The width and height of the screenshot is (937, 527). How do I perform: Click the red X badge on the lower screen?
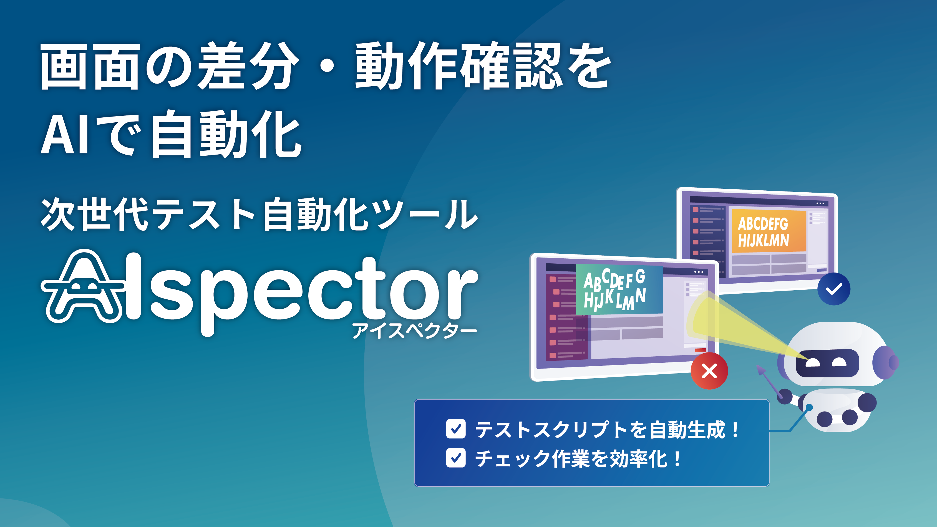pyautogui.click(x=709, y=371)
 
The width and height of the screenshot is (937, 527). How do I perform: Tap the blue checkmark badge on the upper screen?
pyautogui.click(x=834, y=289)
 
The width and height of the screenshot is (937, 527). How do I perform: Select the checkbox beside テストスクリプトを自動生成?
pyautogui.click(x=456, y=429)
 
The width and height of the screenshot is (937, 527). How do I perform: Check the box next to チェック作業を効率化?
pyautogui.click(x=456, y=458)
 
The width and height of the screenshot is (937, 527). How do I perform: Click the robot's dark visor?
pyautogui.click(x=827, y=363)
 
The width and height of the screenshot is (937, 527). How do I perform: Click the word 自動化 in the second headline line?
pyautogui.click(x=226, y=135)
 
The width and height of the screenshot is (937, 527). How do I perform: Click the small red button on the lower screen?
pyautogui.click(x=701, y=350)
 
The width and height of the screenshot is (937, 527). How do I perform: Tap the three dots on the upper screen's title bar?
pyautogui.click(x=820, y=204)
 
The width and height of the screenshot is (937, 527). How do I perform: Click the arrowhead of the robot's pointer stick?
pyautogui.click(x=761, y=370)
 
